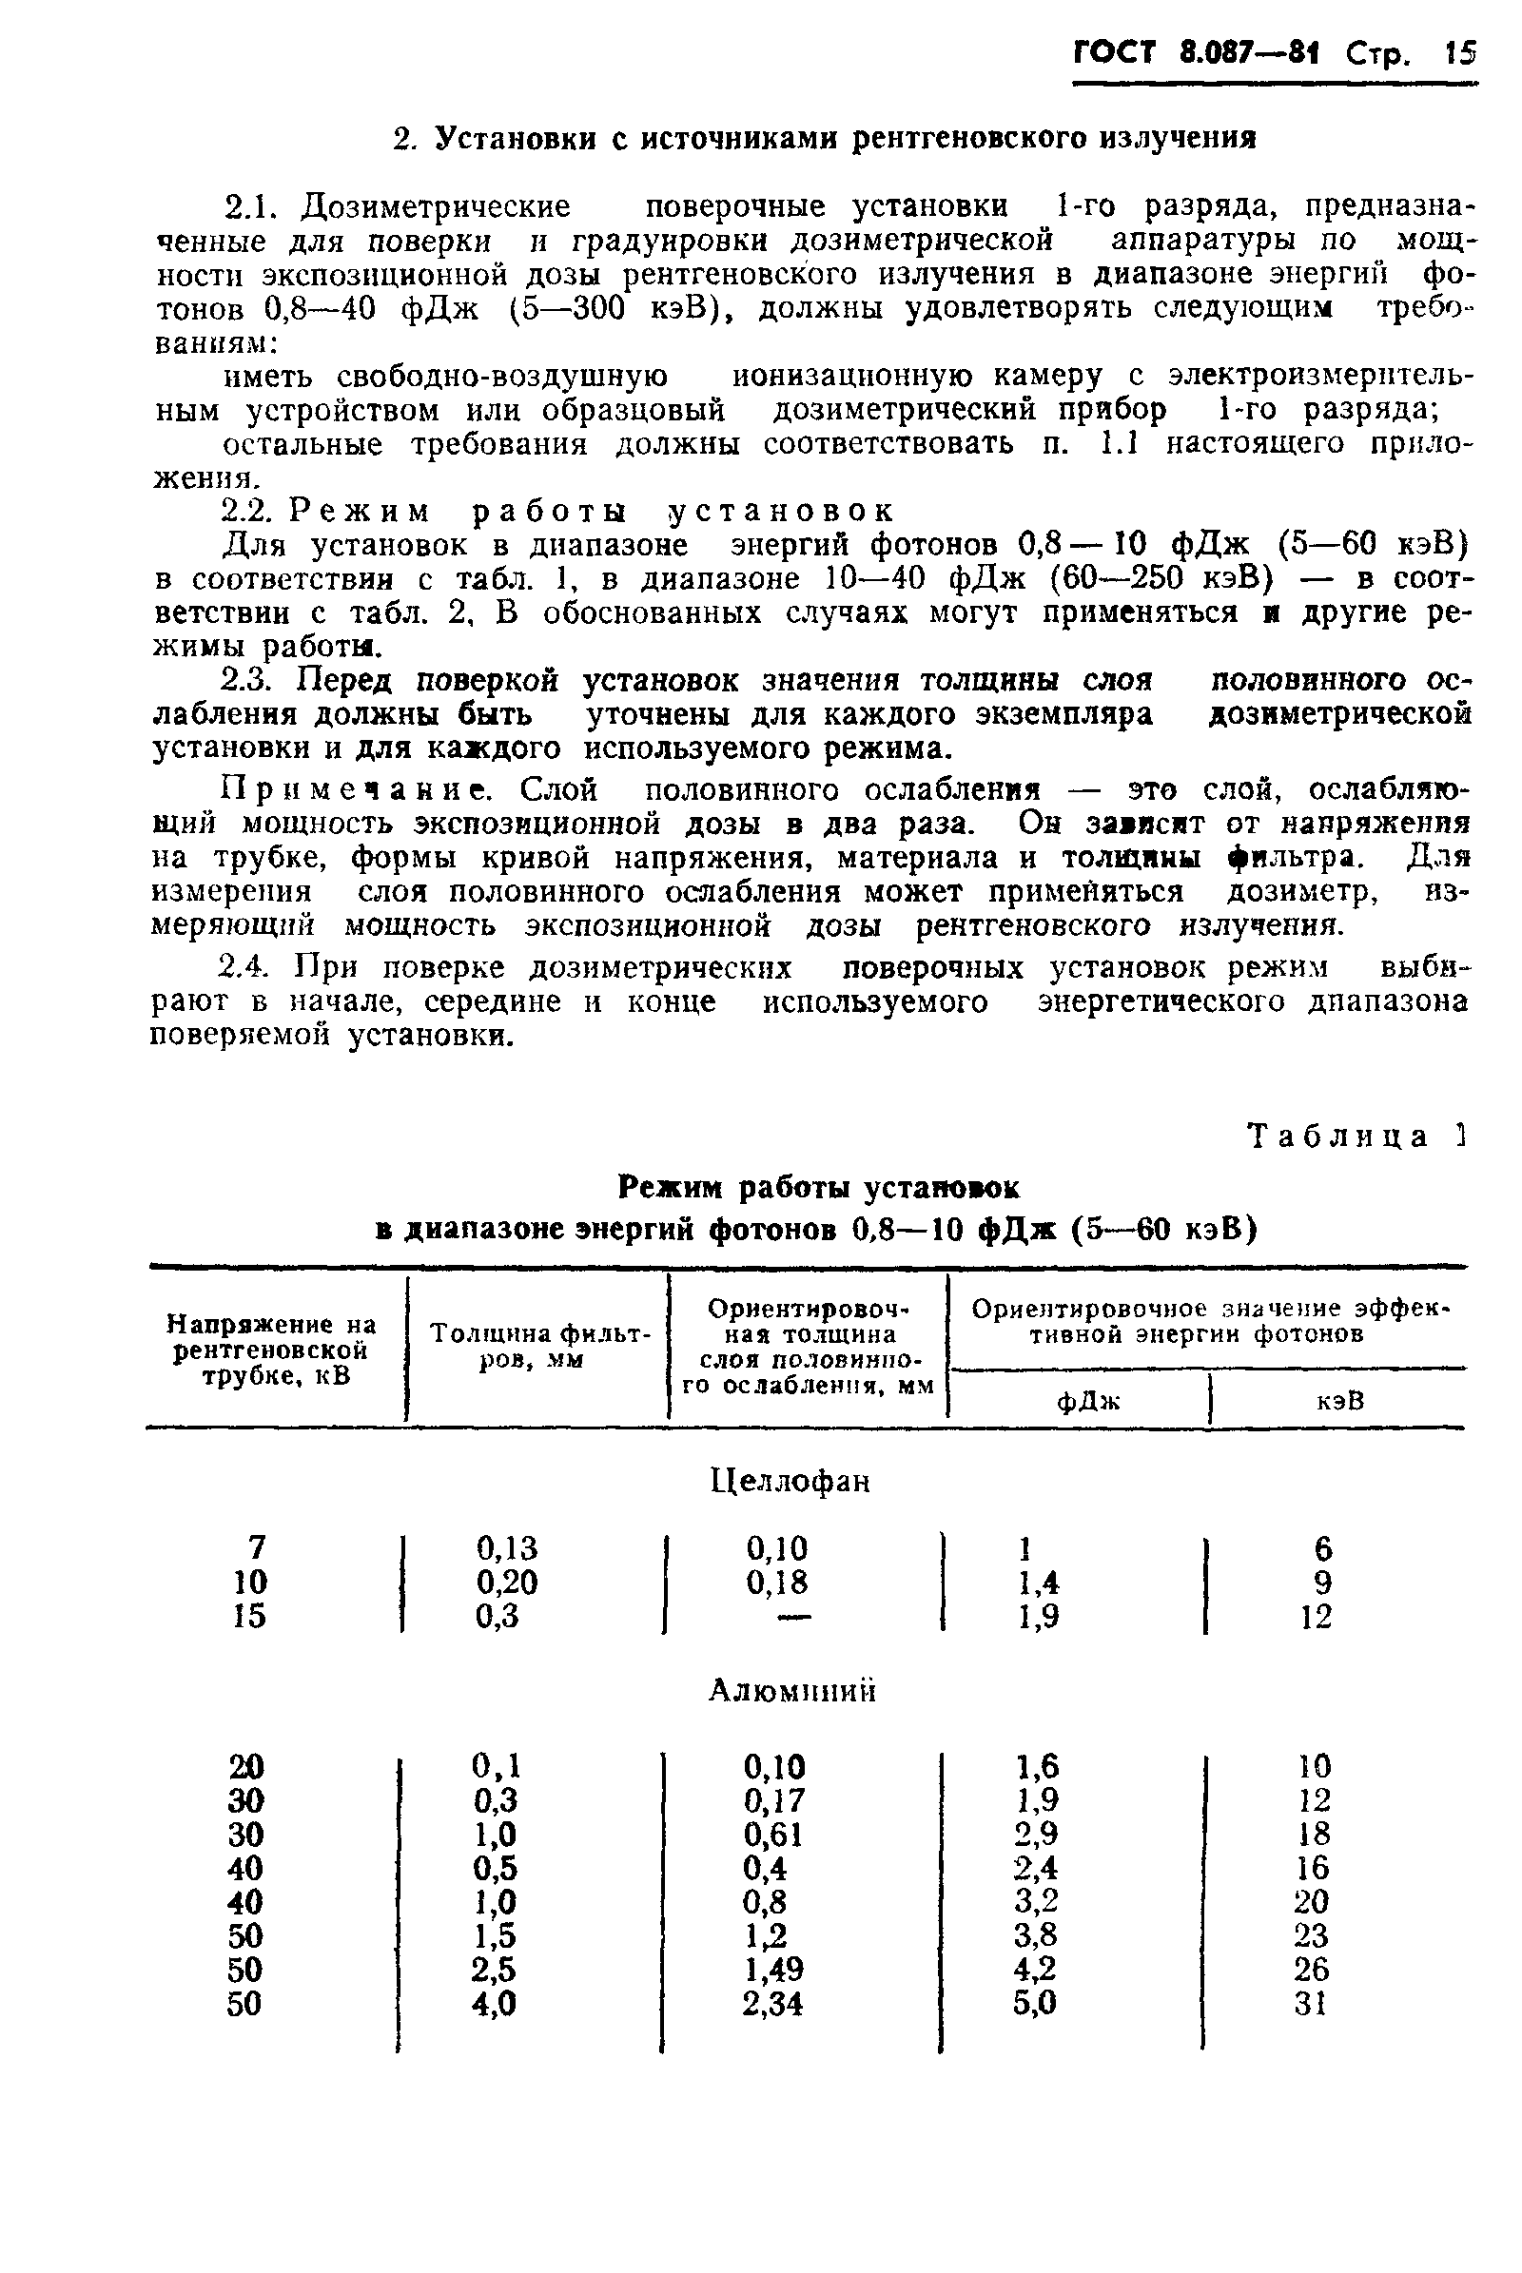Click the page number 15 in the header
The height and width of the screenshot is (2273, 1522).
point(1458,52)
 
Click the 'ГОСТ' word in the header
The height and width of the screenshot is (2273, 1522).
point(1115,52)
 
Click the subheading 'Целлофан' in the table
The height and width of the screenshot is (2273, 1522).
point(791,1481)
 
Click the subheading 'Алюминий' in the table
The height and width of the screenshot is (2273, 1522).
point(792,1691)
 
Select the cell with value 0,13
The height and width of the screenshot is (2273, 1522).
point(507,1547)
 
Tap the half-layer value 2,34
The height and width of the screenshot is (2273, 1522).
point(772,2003)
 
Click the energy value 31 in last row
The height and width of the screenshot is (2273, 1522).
point(1311,2003)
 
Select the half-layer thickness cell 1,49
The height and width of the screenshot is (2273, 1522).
point(772,1970)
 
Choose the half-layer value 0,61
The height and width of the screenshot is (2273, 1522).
point(772,1835)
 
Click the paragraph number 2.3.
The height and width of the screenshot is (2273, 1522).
point(248,680)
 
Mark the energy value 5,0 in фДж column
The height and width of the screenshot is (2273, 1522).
point(1035,2003)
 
